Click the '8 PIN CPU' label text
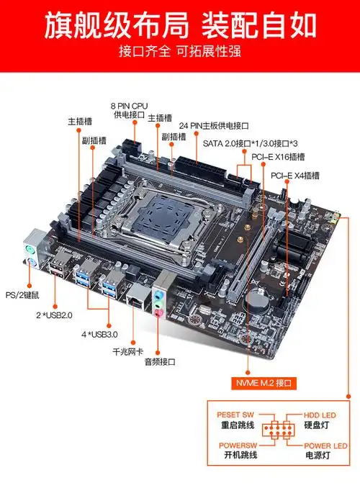pos(129,105)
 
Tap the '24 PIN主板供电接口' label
pos(219,125)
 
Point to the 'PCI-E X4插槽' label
pos(295,175)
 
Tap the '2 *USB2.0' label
pos(55,315)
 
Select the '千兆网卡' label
pos(129,352)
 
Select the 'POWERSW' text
pos(237,446)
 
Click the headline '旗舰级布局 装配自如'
pos(180,24)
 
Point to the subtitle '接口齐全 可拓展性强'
pos(180,53)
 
